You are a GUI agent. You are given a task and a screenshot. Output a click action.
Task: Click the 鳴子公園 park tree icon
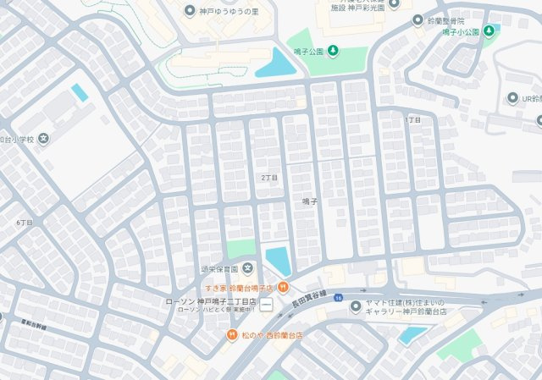coord(333,50)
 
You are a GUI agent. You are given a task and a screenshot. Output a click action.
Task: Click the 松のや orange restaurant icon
coord(231,335)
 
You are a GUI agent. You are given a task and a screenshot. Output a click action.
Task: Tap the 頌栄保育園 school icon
coord(247,270)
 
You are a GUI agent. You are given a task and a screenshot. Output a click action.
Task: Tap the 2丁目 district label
coord(269,178)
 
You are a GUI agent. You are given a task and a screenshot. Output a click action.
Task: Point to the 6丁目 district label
coord(24,223)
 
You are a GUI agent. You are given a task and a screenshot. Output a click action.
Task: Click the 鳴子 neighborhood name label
coord(310,201)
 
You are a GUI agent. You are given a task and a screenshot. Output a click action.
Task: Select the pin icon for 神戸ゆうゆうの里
coord(189,10)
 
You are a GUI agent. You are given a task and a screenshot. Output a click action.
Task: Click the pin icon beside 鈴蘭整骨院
coord(418,19)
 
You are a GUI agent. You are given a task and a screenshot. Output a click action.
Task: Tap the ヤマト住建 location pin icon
coord(356,306)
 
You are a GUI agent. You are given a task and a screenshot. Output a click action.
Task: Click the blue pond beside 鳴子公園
coord(275,63)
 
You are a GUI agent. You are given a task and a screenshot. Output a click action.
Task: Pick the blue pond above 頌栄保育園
coord(279,260)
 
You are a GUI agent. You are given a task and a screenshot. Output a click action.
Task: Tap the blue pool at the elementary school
coord(79,91)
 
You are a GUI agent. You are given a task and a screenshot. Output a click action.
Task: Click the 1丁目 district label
coord(413,120)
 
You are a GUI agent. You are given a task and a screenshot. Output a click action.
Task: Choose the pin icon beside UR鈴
coord(513,99)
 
